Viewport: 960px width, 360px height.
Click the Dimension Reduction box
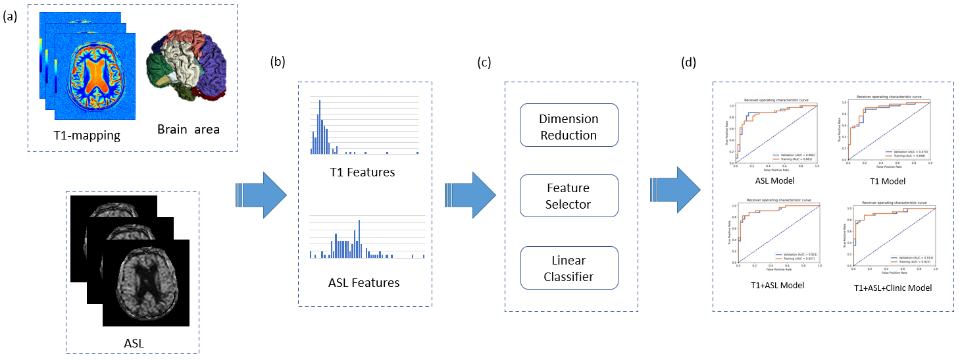(x=569, y=127)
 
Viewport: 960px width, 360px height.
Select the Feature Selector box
(x=569, y=196)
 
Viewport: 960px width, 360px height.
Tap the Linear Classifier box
(x=569, y=268)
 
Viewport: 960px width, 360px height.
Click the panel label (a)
(x=11, y=18)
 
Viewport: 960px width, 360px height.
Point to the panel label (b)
(x=278, y=63)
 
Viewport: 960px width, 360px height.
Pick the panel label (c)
(x=484, y=63)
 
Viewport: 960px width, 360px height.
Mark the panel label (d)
(x=689, y=63)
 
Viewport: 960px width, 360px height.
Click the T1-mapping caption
(x=88, y=136)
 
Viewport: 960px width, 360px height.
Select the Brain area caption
(x=188, y=129)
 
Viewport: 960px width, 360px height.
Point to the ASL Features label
(x=363, y=283)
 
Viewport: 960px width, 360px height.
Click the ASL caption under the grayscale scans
(x=134, y=342)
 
